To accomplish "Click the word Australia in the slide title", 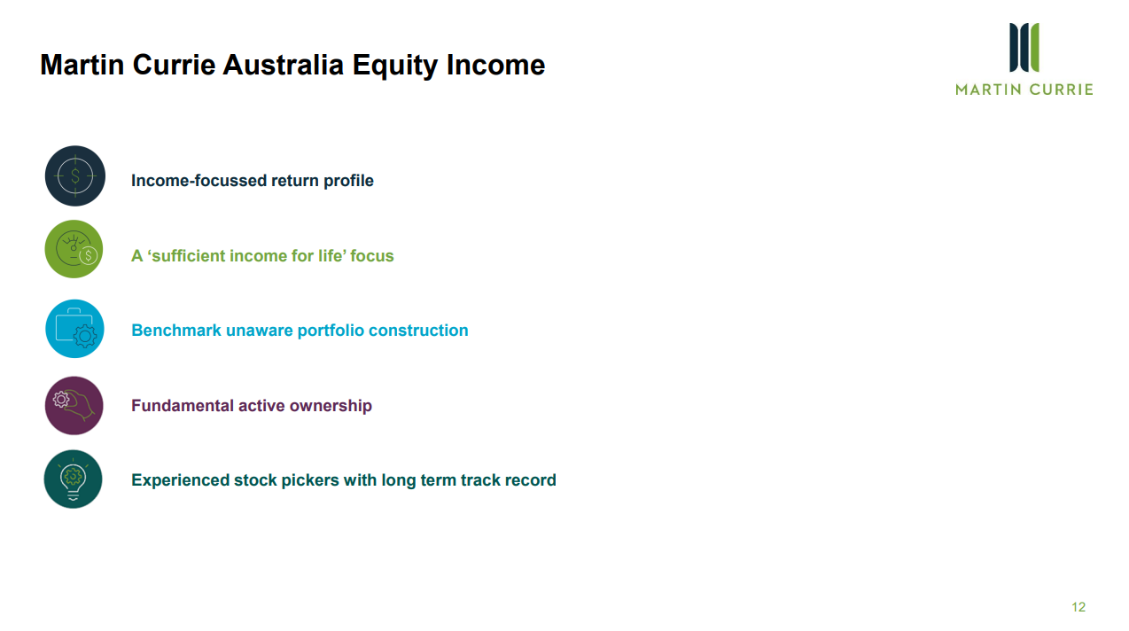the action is point(283,65).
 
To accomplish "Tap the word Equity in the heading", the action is point(394,66).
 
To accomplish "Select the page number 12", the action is point(1078,607).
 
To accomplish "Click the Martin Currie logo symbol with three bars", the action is point(1024,47).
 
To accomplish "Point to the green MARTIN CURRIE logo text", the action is point(1024,90).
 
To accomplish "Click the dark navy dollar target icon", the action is point(75,175).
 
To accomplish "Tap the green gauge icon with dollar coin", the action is point(74,249).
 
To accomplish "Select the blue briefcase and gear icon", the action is point(74,329).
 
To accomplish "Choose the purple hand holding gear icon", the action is point(74,405).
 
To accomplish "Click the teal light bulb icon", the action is point(73,479).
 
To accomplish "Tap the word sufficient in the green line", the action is point(187,256).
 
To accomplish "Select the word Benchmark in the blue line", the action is point(175,330).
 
